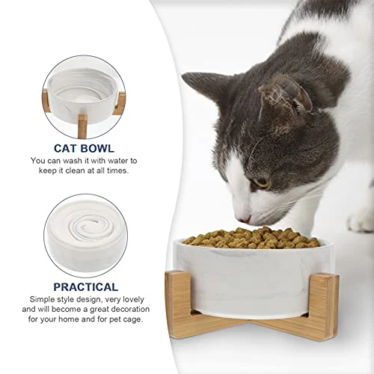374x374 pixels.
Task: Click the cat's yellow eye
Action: pos(262,183)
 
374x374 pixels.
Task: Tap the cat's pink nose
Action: pos(245,220)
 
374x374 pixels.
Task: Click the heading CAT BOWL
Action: pos(84,149)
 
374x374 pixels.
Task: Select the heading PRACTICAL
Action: pos(86,287)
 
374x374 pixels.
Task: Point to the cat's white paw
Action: pos(361,220)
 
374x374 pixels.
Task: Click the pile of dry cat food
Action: pos(252,238)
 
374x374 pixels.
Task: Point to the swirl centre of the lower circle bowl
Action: pos(86,225)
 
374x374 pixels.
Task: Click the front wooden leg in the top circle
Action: pos(82,126)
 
